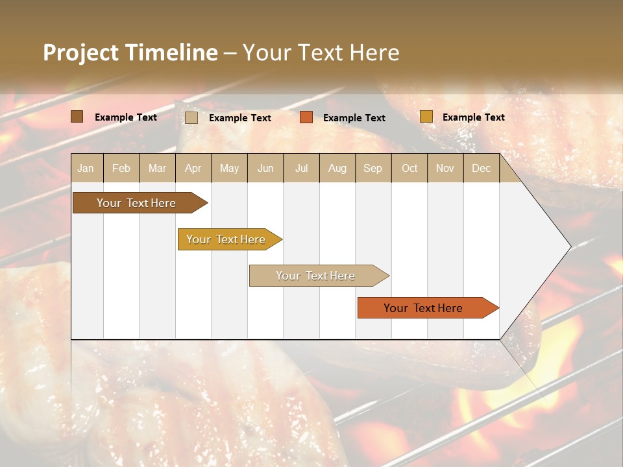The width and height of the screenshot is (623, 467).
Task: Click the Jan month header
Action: pyautogui.click(x=86, y=168)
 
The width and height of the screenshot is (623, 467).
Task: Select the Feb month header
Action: pyautogui.click(x=121, y=168)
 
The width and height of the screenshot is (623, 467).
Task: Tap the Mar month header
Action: pyautogui.click(x=157, y=168)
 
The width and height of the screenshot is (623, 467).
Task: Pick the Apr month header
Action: pyautogui.click(x=193, y=168)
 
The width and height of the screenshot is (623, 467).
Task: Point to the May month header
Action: pyautogui.click(x=229, y=168)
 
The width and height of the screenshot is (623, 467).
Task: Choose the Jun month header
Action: pyautogui.click(x=265, y=168)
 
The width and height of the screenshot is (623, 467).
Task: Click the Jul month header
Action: pyautogui.click(x=301, y=168)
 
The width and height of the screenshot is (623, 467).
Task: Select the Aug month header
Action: pyautogui.click(x=337, y=168)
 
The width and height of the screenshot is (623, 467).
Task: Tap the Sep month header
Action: pyautogui.click(x=373, y=168)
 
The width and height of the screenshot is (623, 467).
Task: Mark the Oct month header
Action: pyautogui.click(x=409, y=168)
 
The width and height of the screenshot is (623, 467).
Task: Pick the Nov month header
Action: pyautogui.click(x=445, y=168)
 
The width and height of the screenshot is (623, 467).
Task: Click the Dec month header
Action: pyautogui.click(x=481, y=168)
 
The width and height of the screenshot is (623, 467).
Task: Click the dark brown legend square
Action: pyautogui.click(x=77, y=117)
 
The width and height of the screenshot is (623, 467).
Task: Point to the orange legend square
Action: pyautogui.click(x=306, y=117)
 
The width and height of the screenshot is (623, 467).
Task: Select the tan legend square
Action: pyautogui.click(x=191, y=117)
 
